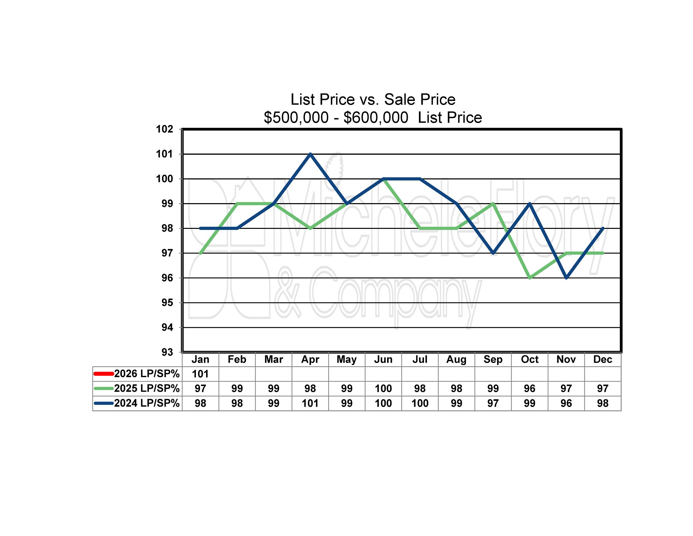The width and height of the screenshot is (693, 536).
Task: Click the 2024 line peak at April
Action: [310, 154]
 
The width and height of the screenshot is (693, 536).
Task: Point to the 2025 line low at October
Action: [530, 278]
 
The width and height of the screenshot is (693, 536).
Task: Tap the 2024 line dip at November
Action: [566, 278]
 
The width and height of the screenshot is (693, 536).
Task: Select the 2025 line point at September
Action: [493, 203]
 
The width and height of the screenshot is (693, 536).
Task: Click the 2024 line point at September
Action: [493, 253]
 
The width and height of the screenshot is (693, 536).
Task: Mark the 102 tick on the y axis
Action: [164, 129]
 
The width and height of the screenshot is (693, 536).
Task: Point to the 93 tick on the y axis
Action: [167, 352]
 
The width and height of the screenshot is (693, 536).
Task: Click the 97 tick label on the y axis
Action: [167, 253]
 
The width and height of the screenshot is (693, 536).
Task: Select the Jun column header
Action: [383, 359]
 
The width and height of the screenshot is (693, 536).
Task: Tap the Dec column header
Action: [603, 359]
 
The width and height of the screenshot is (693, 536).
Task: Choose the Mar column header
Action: [273, 359]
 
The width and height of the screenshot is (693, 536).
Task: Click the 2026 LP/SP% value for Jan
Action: [200, 374]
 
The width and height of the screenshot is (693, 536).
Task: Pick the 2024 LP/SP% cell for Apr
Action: [310, 403]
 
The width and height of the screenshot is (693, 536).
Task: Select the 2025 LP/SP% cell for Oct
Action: [530, 388]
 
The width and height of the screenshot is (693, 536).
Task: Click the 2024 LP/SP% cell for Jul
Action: [420, 403]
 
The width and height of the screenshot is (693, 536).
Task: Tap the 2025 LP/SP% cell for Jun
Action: [383, 388]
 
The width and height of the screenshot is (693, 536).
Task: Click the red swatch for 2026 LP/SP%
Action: [104, 374]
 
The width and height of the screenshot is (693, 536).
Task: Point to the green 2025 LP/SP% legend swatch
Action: [104, 388]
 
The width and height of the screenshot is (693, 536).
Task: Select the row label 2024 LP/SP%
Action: [147, 403]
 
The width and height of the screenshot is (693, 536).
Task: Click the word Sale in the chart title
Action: [399, 100]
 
